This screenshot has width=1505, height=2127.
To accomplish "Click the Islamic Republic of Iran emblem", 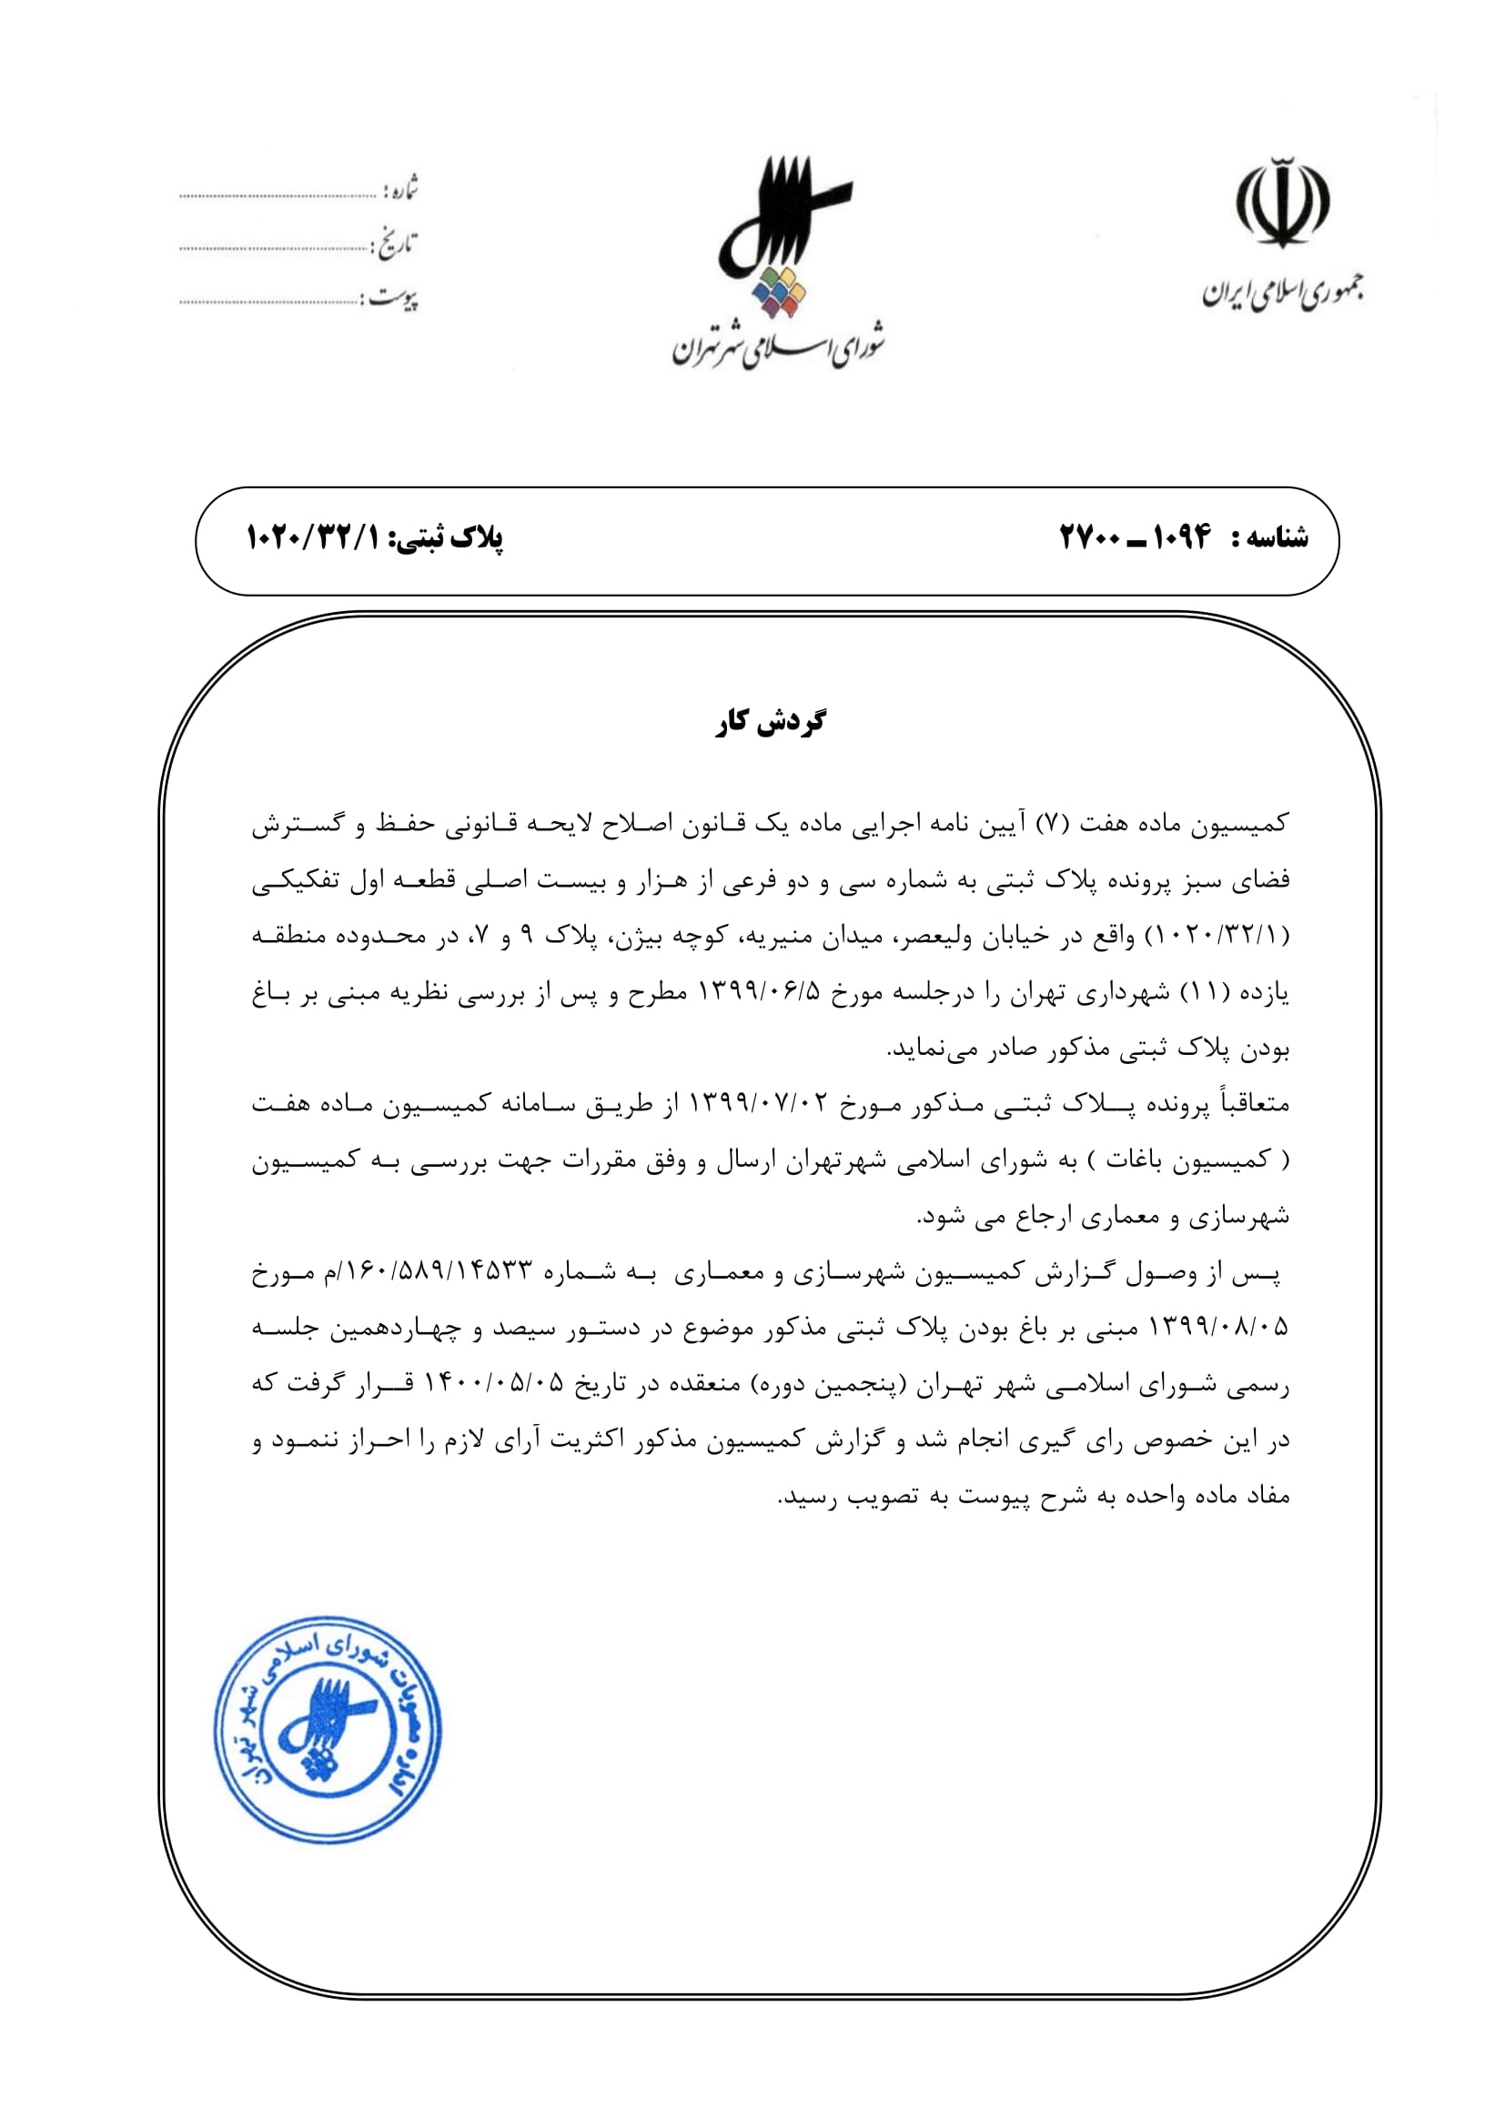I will click(x=1282, y=203).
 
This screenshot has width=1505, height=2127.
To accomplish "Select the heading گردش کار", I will click(x=770, y=722).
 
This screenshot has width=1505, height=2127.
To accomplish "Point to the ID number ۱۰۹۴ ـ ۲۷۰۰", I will click(x=1136, y=537).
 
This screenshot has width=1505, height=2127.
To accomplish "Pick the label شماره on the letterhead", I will click(x=400, y=189).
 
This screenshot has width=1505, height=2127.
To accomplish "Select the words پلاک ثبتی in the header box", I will click(x=451, y=537).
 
